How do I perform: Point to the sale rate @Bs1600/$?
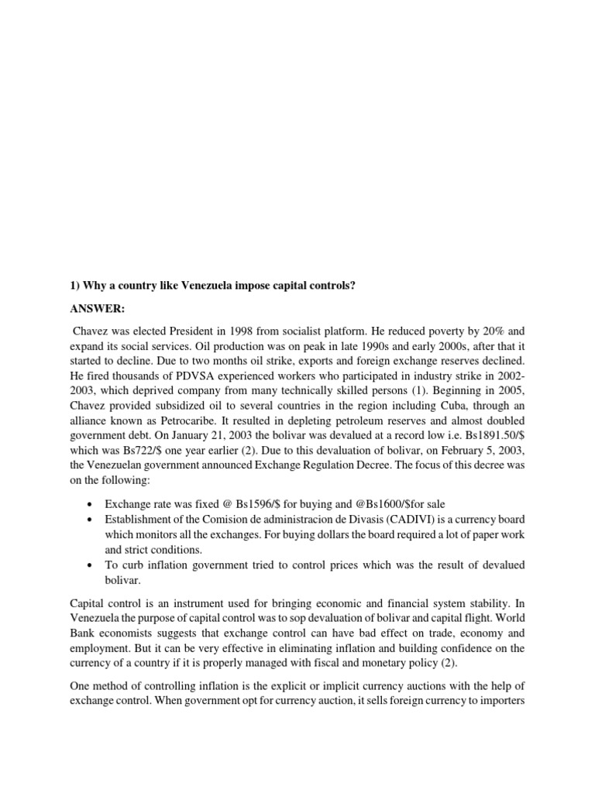[x=363, y=504]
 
